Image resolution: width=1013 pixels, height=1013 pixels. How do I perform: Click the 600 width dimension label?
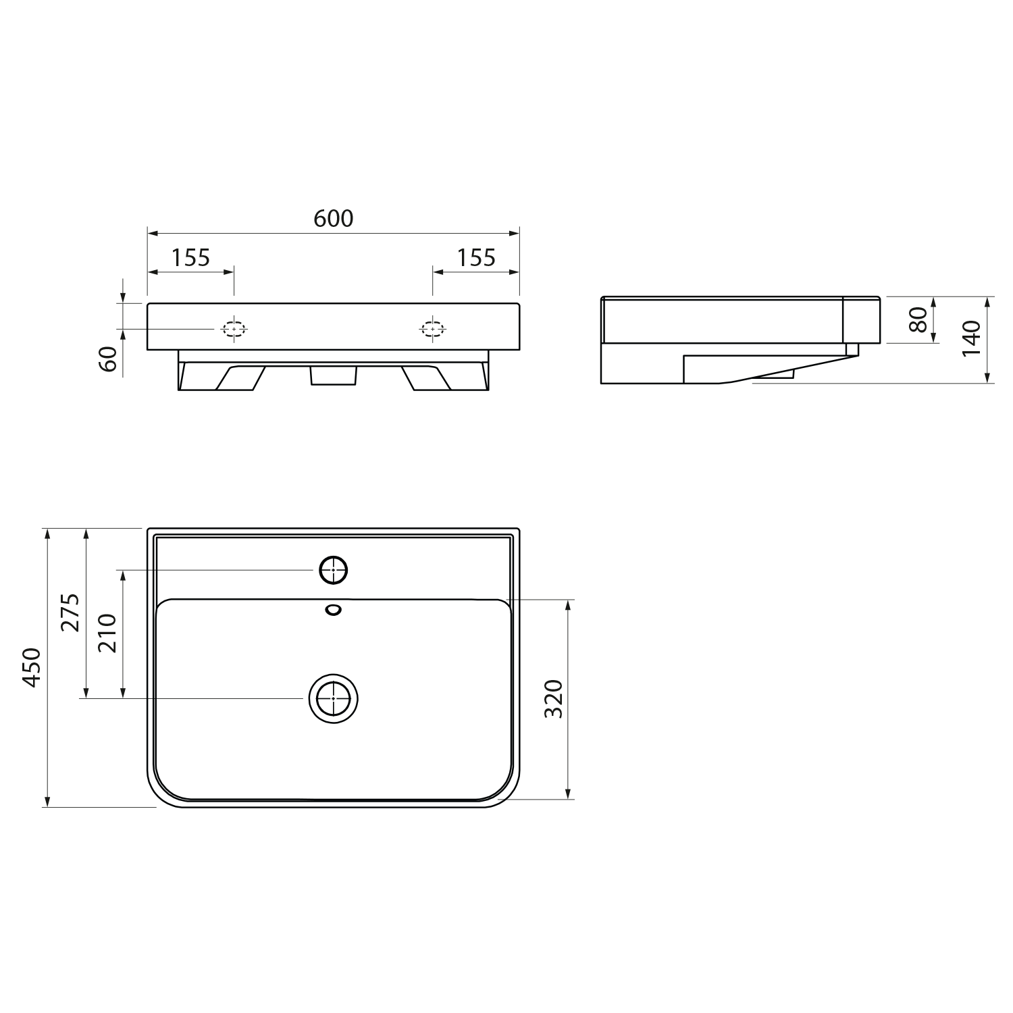click(x=334, y=218)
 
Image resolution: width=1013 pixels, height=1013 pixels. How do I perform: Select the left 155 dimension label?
click(x=190, y=257)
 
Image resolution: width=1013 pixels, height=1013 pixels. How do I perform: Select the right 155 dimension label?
click(x=476, y=257)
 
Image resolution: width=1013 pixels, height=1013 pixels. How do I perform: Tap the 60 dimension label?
click(x=109, y=359)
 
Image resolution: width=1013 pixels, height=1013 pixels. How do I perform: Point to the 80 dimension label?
click(x=917, y=319)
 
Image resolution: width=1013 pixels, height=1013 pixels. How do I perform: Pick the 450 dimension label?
click(x=32, y=667)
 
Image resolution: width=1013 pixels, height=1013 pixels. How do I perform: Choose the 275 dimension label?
click(x=70, y=613)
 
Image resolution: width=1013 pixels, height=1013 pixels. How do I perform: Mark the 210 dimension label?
click(x=108, y=633)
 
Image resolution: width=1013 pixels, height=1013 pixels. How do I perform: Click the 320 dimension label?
click(x=553, y=699)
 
